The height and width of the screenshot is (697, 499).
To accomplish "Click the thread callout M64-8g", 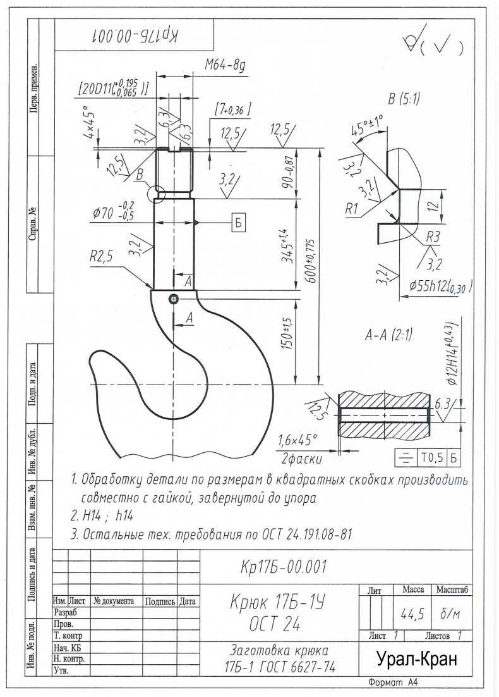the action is (225, 66).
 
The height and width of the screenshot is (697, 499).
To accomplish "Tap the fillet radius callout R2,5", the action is (102, 257).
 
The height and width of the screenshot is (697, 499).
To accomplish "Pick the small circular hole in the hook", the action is (173, 299).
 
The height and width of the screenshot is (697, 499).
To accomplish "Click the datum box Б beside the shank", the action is (238, 222).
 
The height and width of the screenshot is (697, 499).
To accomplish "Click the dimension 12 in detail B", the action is (435, 206).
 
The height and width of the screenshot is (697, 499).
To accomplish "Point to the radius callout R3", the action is (432, 237).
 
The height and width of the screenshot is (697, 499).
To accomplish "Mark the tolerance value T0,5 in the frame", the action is (433, 457).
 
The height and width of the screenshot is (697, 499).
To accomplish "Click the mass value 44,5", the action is (412, 614).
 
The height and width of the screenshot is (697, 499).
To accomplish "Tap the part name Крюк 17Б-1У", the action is (278, 603).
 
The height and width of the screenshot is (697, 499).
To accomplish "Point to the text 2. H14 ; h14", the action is (102, 516).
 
